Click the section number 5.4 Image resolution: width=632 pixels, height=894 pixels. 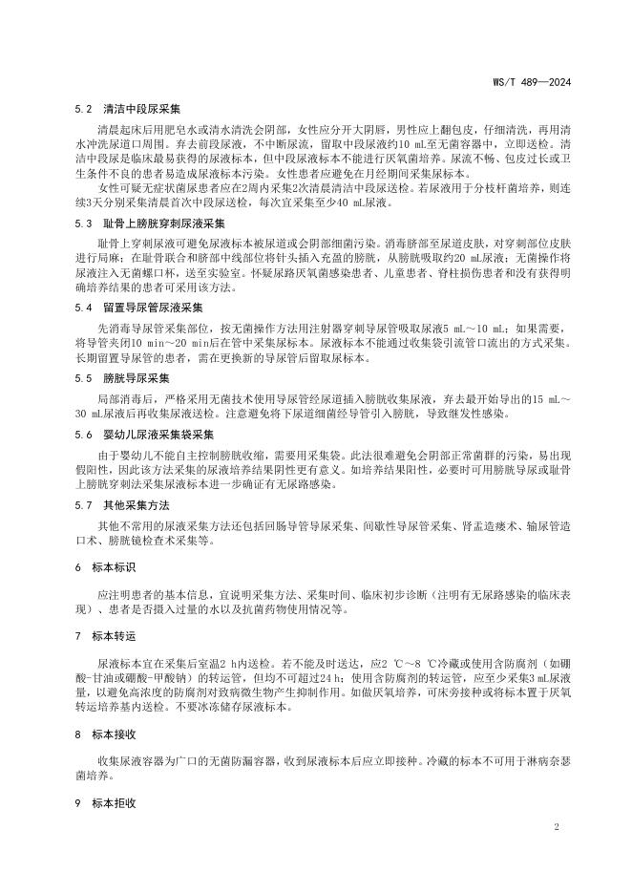click(82, 308)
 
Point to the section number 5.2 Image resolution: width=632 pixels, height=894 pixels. click(82, 110)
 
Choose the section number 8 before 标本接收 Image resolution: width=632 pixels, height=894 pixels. click(77, 734)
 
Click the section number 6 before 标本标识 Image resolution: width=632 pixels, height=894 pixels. click(77, 567)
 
